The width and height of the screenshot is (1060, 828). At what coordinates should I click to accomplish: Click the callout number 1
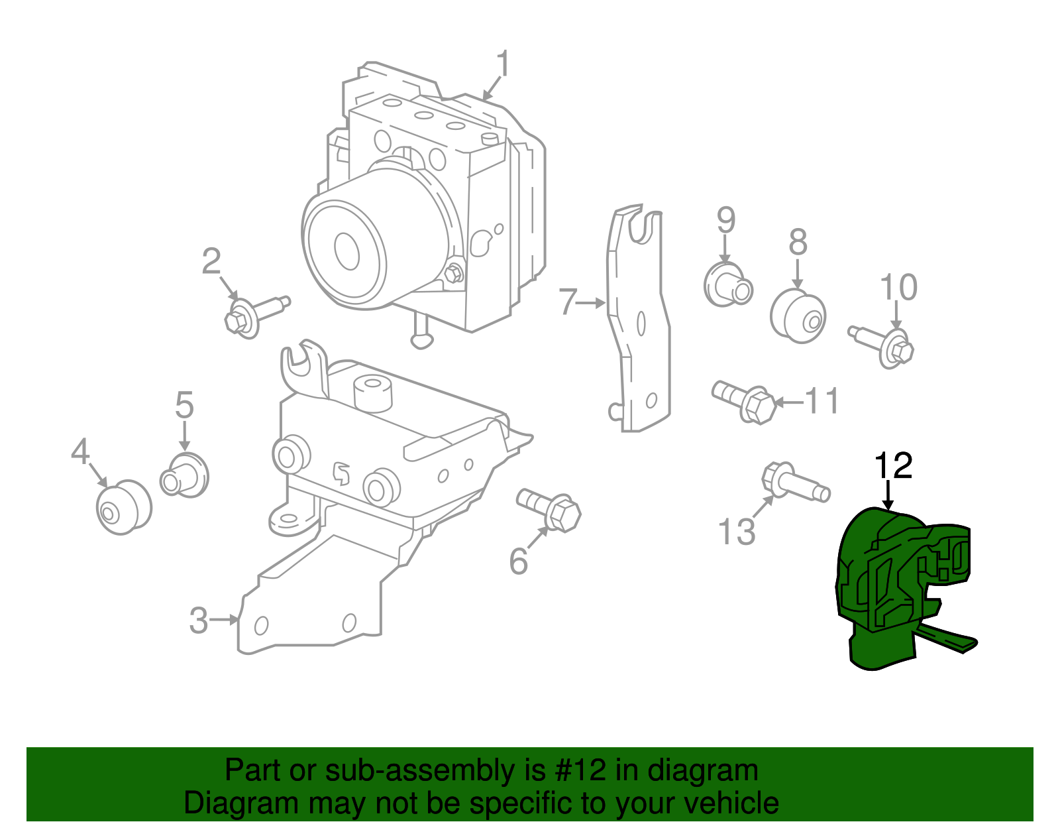[503, 64]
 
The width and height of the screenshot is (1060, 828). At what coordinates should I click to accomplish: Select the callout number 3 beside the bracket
[199, 621]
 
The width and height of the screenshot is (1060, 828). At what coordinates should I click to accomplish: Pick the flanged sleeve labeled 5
[185, 475]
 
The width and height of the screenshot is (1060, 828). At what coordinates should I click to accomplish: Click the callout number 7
[568, 302]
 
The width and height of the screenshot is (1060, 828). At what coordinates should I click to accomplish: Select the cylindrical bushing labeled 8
[798, 316]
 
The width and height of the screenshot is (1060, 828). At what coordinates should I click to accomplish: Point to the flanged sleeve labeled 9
[727, 286]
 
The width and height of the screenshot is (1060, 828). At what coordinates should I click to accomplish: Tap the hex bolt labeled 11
[745, 400]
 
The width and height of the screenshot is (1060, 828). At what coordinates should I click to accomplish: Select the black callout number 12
[894, 466]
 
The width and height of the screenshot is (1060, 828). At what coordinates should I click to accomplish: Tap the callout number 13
[737, 532]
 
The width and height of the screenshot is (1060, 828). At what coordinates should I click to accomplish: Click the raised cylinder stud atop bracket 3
[373, 392]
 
